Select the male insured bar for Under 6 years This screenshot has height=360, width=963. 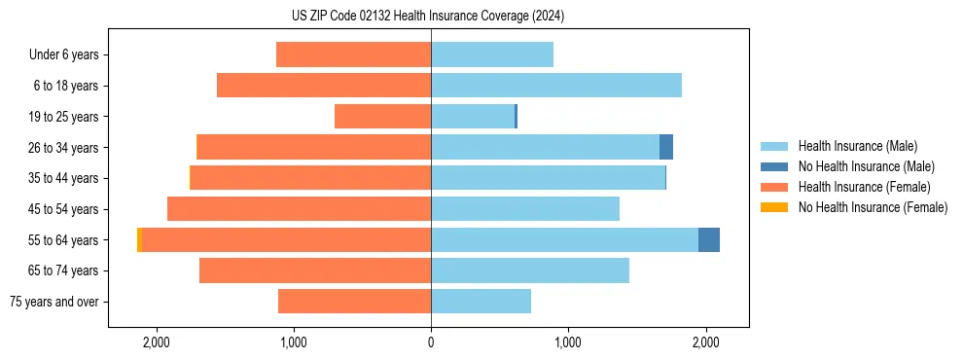pyautogui.click(x=492, y=54)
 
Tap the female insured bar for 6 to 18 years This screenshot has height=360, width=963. pyautogui.click(x=324, y=86)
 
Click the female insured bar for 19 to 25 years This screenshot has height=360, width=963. pyautogui.click(x=382, y=117)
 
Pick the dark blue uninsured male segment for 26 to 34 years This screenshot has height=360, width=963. pyautogui.click(x=666, y=147)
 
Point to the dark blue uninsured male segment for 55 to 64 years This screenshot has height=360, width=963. pyautogui.click(x=709, y=239)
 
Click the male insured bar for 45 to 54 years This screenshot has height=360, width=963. pyautogui.click(x=525, y=208)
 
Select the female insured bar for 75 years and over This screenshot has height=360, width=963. pyautogui.click(x=354, y=302)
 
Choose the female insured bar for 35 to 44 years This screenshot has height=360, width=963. pyautogui.click(x=310, y=178)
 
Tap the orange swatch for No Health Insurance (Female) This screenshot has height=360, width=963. pyautogui.click(x=774, y=207)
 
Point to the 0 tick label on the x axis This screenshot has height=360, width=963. pyautogui.click(x=431, y=342)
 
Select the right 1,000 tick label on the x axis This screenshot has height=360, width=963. pyautogui.click(x=568, y=342)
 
